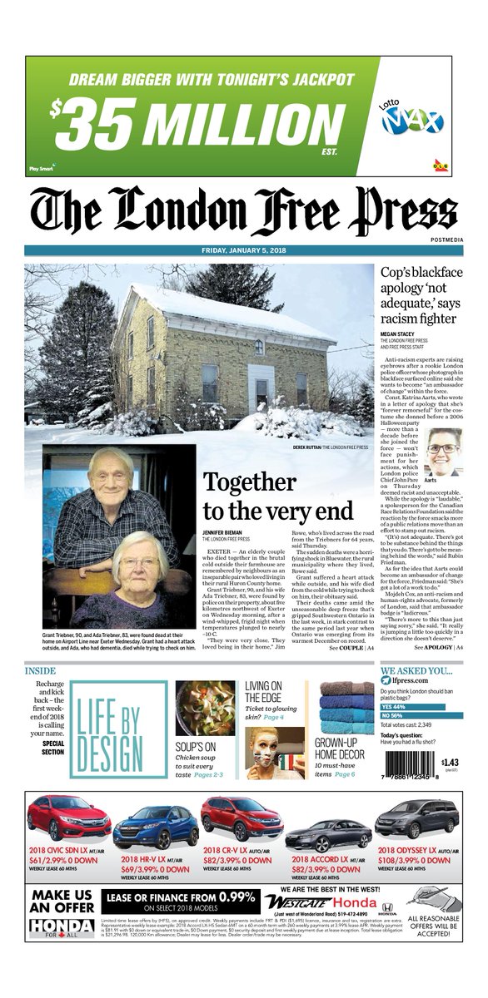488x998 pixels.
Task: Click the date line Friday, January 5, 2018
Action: coord(244,251)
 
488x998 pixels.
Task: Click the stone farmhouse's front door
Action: coord(261,390)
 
